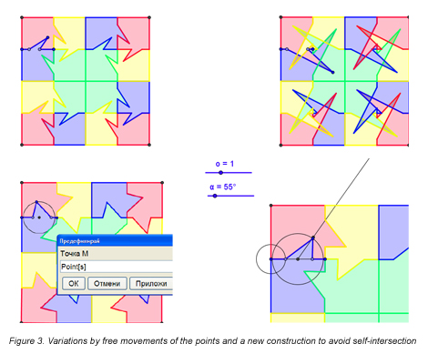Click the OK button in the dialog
[74, 284]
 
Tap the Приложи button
[151, 284]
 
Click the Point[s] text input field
[117, 267]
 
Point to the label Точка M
[75, 254]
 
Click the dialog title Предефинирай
[79, 241]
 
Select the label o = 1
[225, 164]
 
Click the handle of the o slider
[220, 173]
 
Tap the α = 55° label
[223, 187]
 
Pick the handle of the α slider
[215, 196]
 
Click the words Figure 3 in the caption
[26, 341]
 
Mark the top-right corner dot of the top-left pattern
[149, 17]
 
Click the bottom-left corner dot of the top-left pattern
[22, 145]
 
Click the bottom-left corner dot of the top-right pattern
[280, 145]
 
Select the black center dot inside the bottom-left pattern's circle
[39, 217]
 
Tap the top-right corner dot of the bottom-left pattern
[162, 183]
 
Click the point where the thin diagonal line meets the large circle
[313, 238]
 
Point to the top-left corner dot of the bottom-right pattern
[271, 206]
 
